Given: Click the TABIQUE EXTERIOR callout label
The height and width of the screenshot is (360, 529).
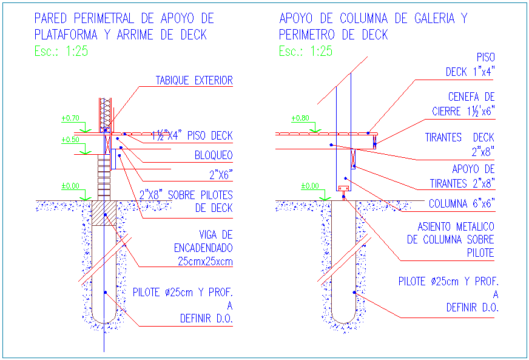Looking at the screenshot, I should pos(194,80).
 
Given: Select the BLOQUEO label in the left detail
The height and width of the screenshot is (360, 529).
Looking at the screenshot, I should pos(213,155).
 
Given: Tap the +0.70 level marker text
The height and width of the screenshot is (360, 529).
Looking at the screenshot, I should pos(70,118).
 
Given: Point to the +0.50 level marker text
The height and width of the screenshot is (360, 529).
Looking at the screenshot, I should pos(70,140).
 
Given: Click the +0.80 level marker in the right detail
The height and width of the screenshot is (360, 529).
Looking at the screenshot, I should pos(300,118).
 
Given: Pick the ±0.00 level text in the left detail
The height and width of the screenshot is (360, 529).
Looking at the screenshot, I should pos(70,186).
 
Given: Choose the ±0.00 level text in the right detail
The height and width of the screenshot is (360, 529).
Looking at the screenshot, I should pos(310,186).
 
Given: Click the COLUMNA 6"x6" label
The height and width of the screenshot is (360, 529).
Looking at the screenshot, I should pos(462,203).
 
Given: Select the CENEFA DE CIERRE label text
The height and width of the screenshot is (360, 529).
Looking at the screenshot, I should pos(464,104).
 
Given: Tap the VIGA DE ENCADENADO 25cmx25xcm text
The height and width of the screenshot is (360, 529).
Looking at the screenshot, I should pos(203,248).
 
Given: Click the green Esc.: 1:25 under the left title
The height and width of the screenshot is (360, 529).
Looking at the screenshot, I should pos(61,51).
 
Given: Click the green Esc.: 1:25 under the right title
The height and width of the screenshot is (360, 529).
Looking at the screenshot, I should pos(306,51).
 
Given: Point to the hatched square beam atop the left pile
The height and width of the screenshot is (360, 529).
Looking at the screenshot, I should pos(104,213).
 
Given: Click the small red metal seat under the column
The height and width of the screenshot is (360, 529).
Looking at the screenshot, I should pos(343,189).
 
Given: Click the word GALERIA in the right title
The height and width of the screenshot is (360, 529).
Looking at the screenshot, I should pos(433,18).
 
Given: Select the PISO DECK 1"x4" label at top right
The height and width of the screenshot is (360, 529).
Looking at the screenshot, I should pos(470,64).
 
